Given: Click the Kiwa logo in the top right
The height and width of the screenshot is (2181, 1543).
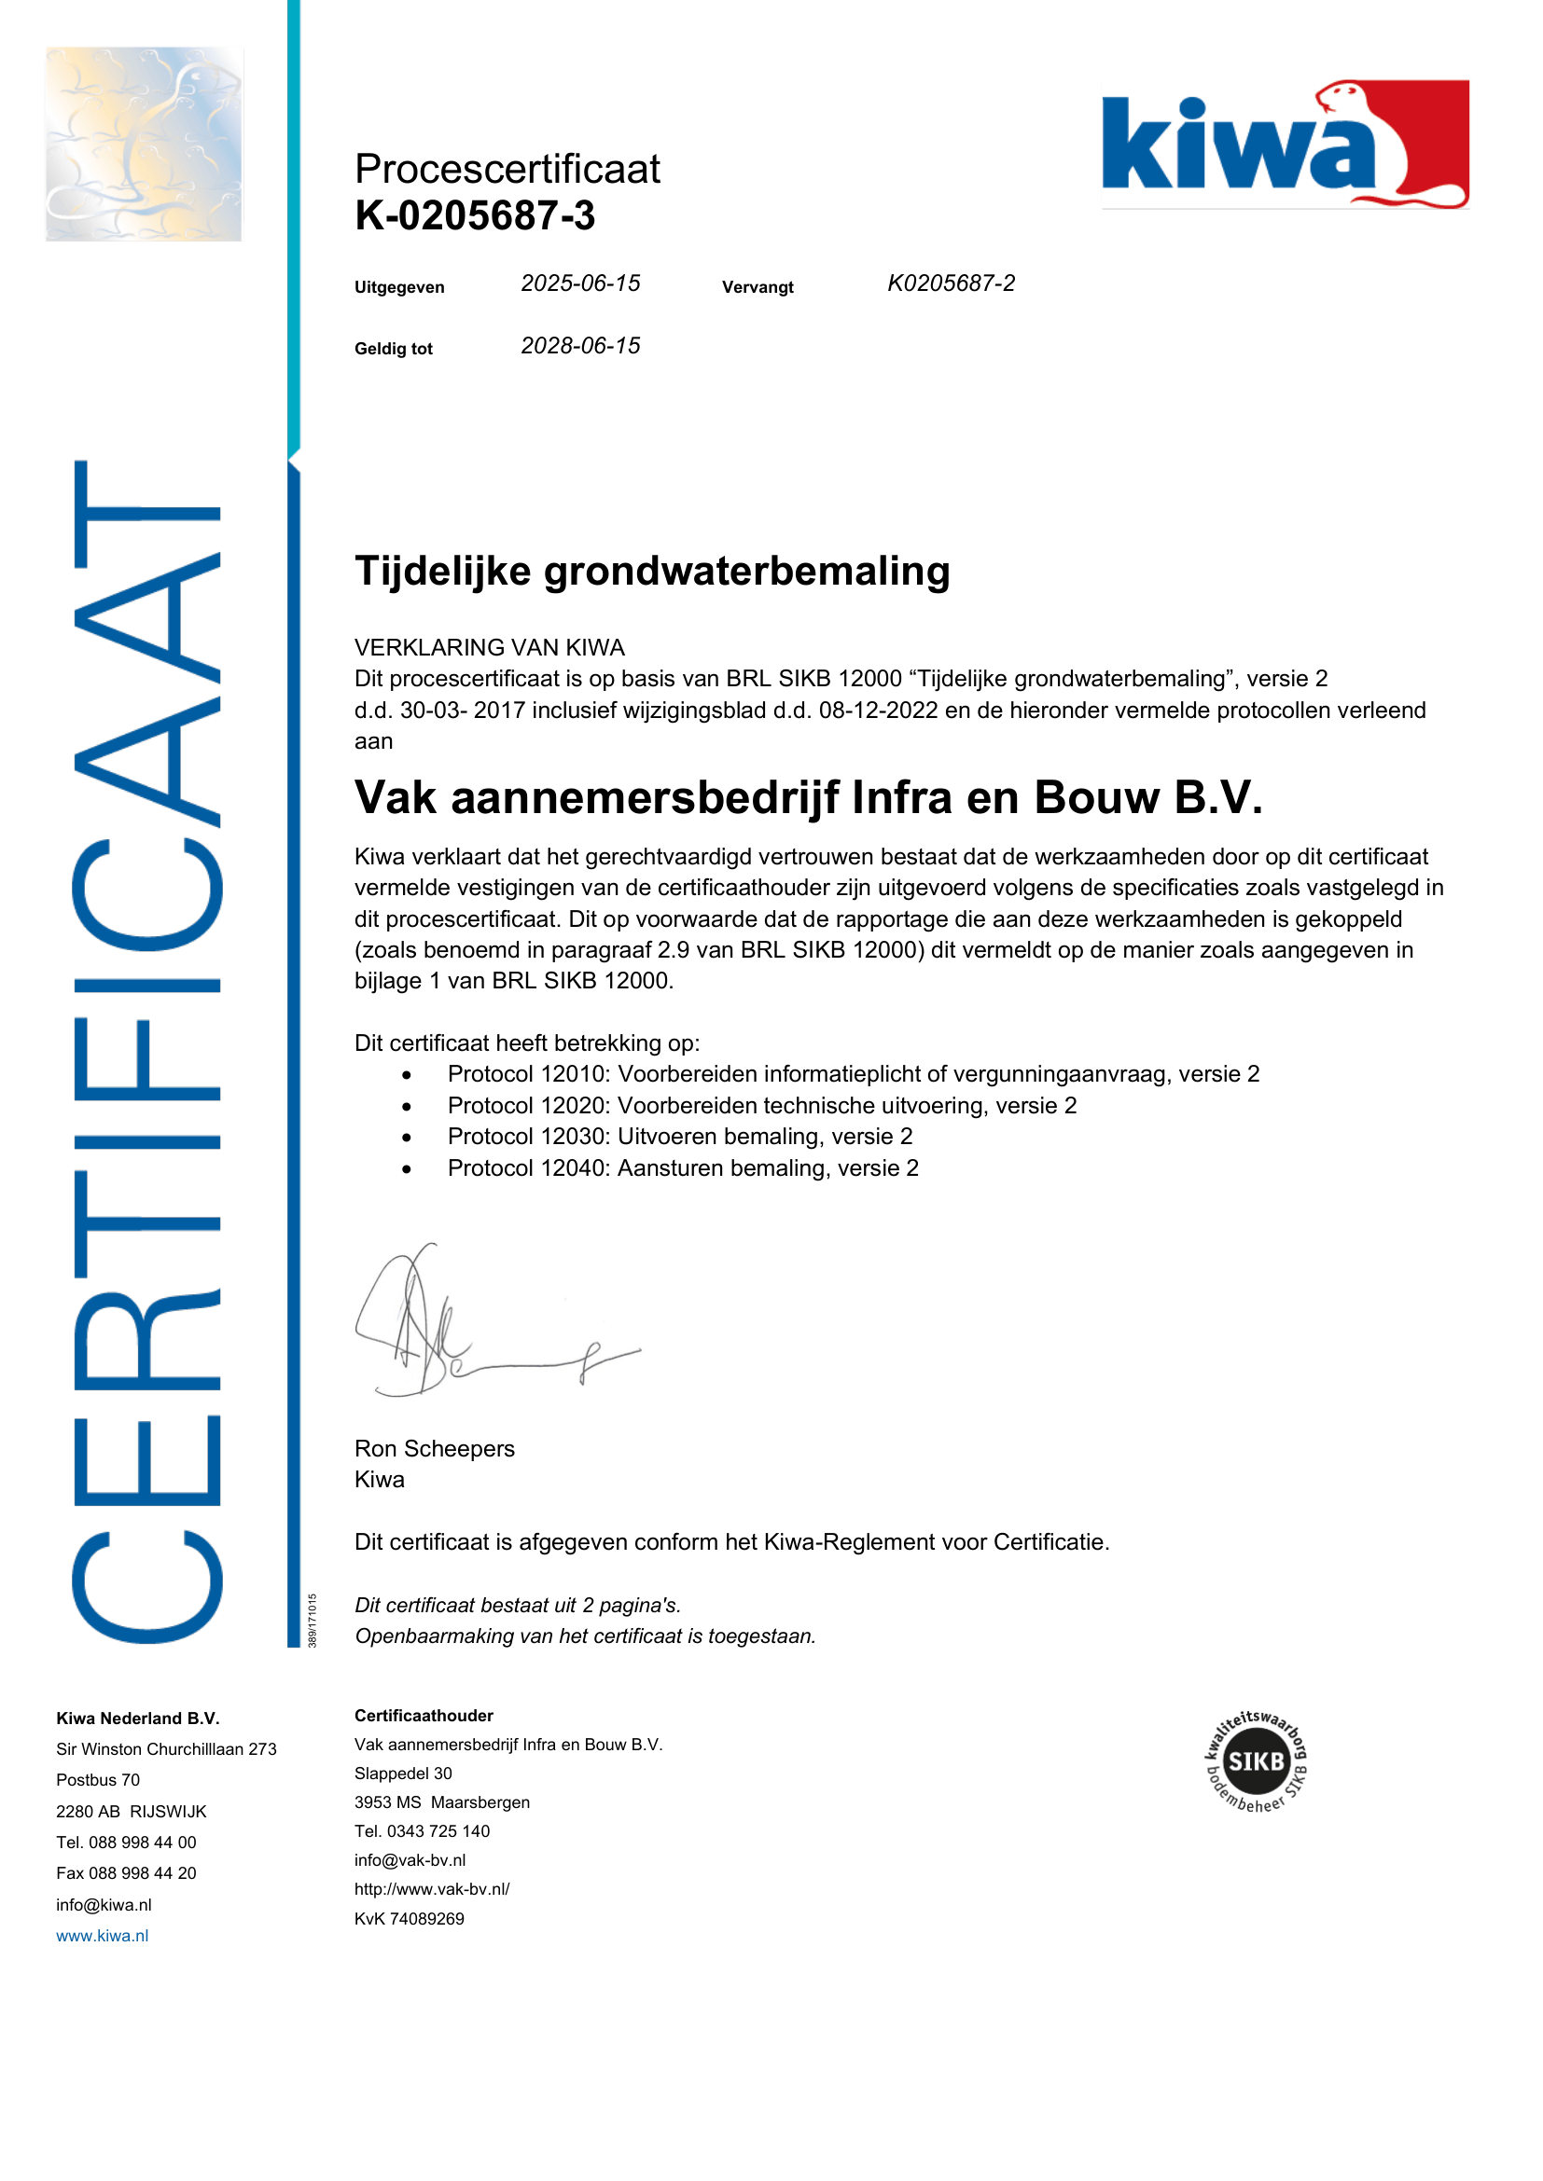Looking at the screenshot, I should point(1285,145).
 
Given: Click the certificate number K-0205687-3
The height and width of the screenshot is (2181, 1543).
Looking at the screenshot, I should point(475,215).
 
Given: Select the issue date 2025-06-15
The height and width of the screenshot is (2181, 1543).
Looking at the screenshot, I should point(580,283).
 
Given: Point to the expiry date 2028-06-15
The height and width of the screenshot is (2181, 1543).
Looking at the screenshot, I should point(580,346).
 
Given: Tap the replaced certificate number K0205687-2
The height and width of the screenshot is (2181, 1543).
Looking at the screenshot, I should point(951,283).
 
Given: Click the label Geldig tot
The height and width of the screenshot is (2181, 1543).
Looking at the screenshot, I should point(394,349).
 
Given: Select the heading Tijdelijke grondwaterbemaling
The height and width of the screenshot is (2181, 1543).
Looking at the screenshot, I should point(652,571).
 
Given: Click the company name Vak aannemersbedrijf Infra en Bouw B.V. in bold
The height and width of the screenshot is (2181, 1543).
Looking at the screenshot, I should point(809,797).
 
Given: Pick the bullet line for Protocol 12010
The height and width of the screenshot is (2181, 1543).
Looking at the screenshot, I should point(854,1073).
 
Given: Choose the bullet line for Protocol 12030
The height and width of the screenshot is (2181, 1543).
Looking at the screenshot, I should point(679,1136).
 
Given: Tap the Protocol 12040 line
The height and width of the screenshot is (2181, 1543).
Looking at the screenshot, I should point(683,1167).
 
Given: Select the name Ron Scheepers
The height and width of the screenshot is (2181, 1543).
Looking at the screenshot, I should point(434,1448).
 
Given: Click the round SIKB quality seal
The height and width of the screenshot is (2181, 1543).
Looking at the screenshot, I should point(1256,1761).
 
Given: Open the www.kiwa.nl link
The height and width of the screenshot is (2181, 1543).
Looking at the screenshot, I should point(103,1935).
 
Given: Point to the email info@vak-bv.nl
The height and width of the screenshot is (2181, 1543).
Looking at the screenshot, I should point(410,1860).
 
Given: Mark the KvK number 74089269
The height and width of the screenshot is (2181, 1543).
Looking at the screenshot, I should point(410,1918).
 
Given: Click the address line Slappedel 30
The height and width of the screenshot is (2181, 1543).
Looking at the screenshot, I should point(403,1773).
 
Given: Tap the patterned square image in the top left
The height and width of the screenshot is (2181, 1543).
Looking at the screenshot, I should point(144,145).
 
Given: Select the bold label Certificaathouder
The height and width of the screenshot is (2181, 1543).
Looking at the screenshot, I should point(424,1715).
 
